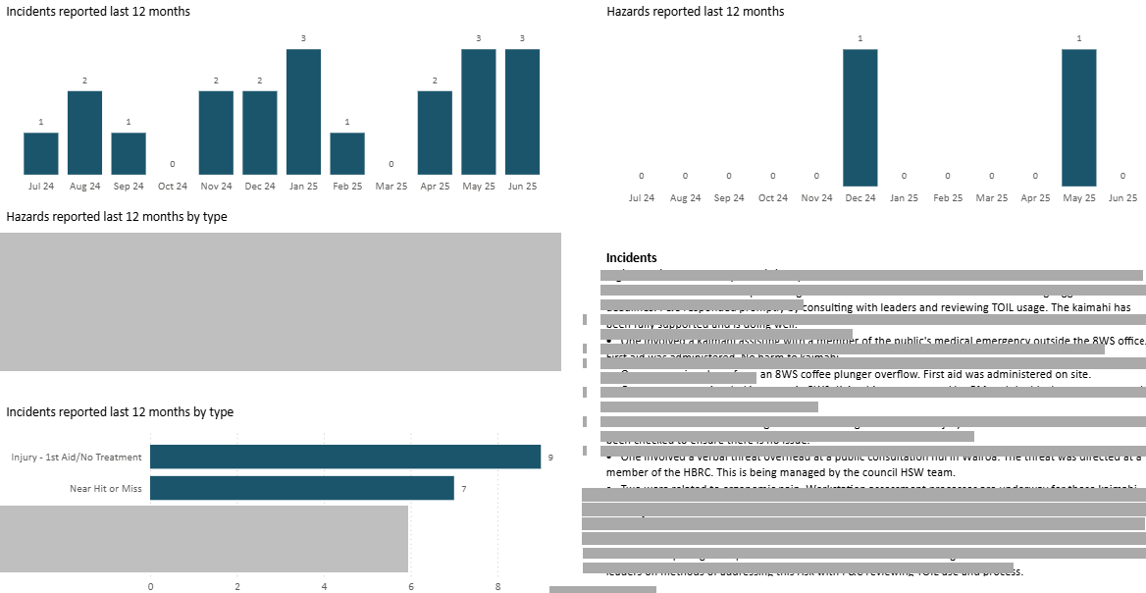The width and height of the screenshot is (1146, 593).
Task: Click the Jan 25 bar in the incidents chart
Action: coord(303,111)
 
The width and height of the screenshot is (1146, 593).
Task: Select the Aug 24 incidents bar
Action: coord(84,133)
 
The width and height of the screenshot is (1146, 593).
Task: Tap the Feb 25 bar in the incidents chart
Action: coord(347,153)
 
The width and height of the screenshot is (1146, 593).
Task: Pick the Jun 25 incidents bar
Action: coord(522,111)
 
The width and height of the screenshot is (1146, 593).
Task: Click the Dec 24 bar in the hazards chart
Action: coord(859,117)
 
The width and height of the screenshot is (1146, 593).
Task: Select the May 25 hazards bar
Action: coord(1078,117)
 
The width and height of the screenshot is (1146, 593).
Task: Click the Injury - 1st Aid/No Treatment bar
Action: coord(344,457)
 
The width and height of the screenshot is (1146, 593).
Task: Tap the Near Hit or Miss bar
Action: coord(301,488)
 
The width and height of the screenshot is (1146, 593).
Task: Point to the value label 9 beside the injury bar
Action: coord(550,458)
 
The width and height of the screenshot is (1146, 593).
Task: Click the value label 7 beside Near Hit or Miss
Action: coord(463,488)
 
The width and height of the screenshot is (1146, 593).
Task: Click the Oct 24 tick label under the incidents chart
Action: coord(172,186)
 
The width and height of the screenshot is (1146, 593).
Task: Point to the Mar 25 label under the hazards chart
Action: coord(991,197)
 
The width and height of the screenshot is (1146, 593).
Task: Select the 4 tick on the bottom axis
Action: coord(324,586)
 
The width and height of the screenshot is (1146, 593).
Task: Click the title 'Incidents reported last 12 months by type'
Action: coord(120,412)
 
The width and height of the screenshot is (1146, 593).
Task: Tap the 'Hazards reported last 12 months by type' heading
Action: coord(117,216)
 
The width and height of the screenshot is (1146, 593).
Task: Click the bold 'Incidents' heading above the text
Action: coord(631,258)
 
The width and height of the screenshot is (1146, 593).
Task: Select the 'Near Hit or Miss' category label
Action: coord(105,488)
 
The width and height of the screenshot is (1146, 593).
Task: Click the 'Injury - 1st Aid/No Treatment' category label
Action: coord(77,458)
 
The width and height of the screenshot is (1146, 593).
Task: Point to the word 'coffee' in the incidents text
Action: coord(820,374)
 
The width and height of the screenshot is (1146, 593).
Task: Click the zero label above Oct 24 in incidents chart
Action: coord(172,164)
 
